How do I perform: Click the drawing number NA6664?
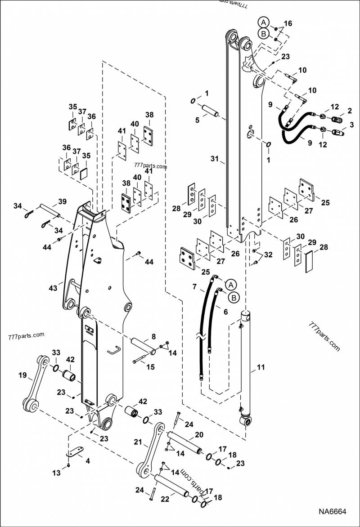point(333,512)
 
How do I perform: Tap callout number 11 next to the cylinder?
point(261,368)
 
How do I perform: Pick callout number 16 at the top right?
point(288,23)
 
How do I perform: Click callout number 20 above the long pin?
point(199,435)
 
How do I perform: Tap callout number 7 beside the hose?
point(195,287)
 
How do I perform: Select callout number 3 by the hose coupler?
point(351,124)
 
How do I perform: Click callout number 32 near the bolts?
point(269,255)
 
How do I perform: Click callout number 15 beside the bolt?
point(150,366)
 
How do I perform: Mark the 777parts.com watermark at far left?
point(26,335)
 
